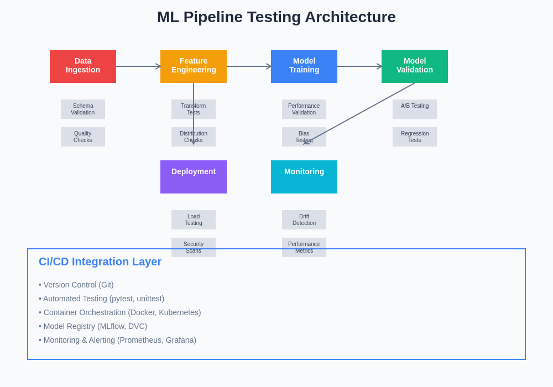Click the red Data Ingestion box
click(x=83, y=66)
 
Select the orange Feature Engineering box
click(x=194, y=66)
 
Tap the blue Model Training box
click(x=304, y=66)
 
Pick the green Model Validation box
click(x=415, y=66)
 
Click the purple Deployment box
click(x=194, y=177)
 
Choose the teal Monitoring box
click(x=304, y=177)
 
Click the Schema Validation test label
click(x=83, y=109)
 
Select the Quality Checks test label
click(x=83, y=137)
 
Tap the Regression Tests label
click(x=415, y=137)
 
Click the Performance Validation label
click(x=304, y=109)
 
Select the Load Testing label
click(x=194, y=219)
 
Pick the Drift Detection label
click(x=304, y=219)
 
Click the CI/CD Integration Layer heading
click(x=100, y=262)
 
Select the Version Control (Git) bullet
click(x=76, y=285)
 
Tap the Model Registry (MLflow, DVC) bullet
click(x=93, y=326)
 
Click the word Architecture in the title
click(x=350, y=17)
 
